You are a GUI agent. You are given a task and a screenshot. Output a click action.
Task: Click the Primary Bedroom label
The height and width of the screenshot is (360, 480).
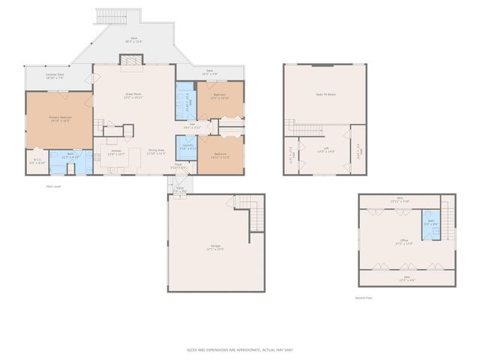pyautogui.click(x=59, y=118)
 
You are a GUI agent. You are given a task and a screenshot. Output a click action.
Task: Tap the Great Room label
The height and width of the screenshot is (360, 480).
pyautogui.click(x=133, y=95)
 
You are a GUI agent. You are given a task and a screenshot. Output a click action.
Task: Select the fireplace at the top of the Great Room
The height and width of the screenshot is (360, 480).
pyautogui.click(x=130, y=61)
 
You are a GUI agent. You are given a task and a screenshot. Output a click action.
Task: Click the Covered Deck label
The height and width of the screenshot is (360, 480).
pyautogui.click(x=54, y=76)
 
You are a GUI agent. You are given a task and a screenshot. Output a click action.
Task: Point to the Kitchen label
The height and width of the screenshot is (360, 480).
pyautogui.click(x=116, y=152)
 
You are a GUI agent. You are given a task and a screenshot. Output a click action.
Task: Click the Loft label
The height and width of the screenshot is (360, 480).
pyautogui.click(x=325, y=151)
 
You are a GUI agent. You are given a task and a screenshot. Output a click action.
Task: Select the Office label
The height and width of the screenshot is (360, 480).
pyautogui.click(x=403, y=241)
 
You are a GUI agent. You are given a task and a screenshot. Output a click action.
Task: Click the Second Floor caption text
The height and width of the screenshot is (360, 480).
pyautogui.click(x=364, y=297)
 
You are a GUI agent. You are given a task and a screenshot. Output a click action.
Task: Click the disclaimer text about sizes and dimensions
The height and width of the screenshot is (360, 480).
pyautogui.click(x=240, y=349)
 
